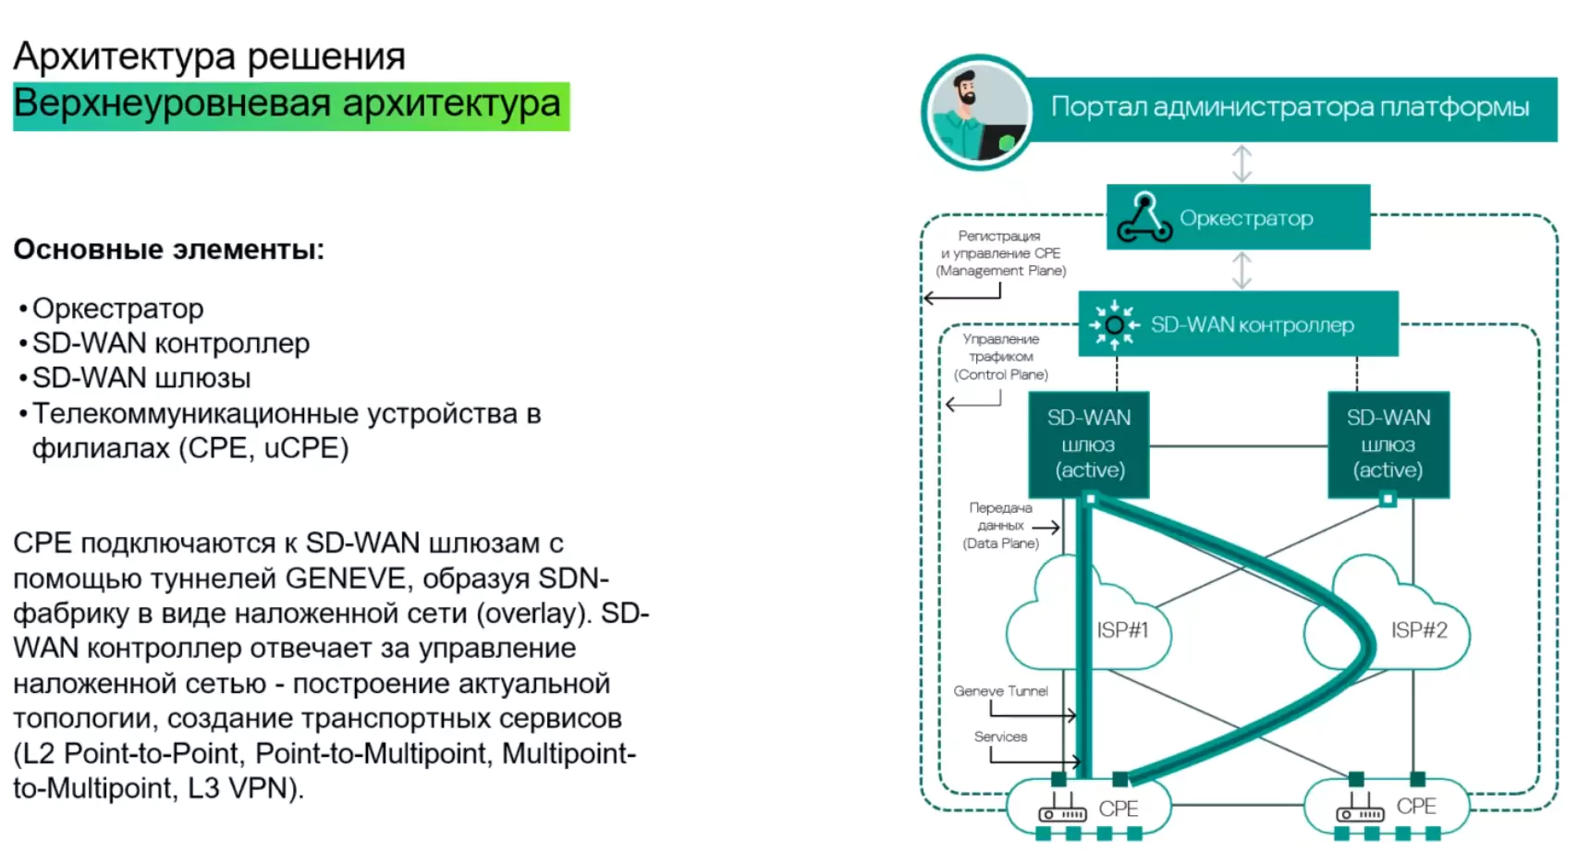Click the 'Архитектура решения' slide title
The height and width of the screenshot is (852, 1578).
point(209,56)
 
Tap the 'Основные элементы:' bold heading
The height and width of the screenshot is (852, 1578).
point(168,250)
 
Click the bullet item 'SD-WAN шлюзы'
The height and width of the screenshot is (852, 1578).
point(141,378)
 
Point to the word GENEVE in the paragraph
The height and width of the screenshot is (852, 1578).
point(340,578)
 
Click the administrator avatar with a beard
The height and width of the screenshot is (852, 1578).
point(978,113)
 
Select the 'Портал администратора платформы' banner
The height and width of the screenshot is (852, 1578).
point(1290,107)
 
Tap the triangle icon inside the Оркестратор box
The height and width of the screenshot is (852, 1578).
point(1144,218)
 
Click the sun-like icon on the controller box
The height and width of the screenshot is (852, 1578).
point(1114,324)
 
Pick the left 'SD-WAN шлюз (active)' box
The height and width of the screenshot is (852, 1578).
point(1089,444)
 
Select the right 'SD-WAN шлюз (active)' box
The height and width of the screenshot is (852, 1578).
point(1388,444)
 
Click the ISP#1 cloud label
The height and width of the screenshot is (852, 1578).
point(1121,630)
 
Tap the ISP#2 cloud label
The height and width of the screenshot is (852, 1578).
point(1419,630)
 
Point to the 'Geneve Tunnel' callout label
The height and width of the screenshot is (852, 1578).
point(1000,691)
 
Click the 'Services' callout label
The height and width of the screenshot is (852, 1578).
point(1000,736)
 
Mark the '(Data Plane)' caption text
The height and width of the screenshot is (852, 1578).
point(1000,543)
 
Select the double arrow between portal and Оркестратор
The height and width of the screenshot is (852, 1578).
point(1242,164)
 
